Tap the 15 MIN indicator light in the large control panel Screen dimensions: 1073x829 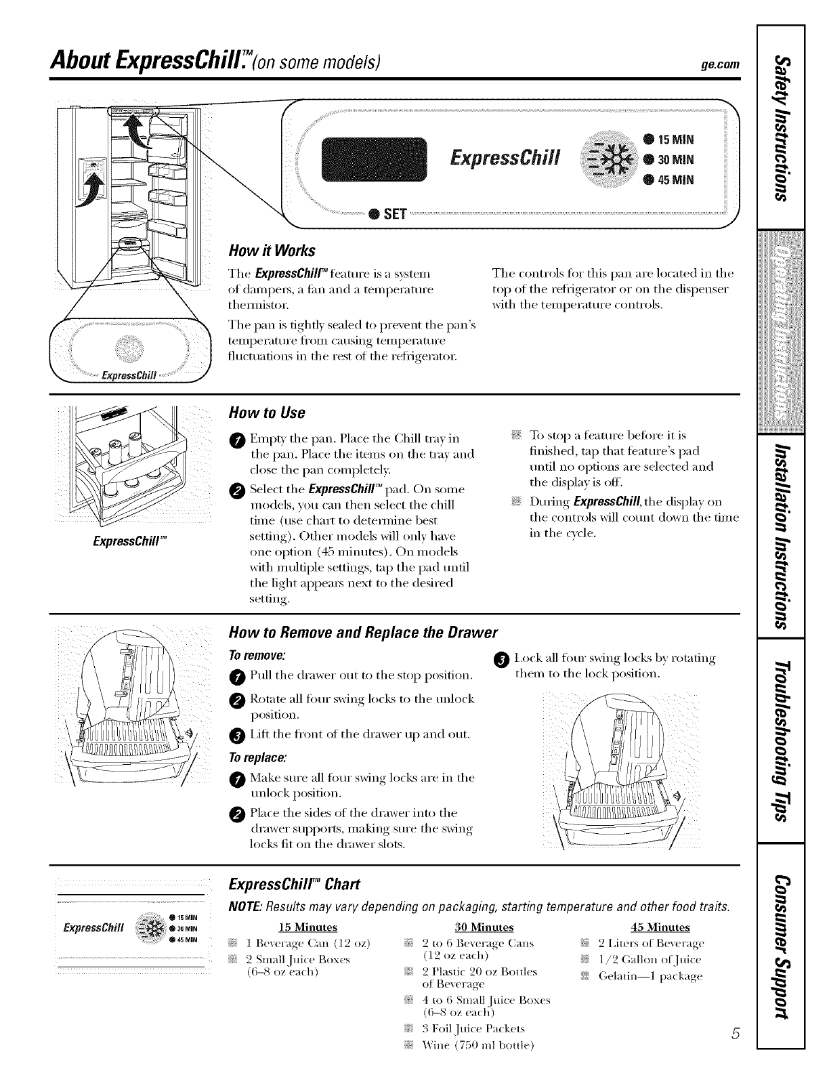coord(647,141)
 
